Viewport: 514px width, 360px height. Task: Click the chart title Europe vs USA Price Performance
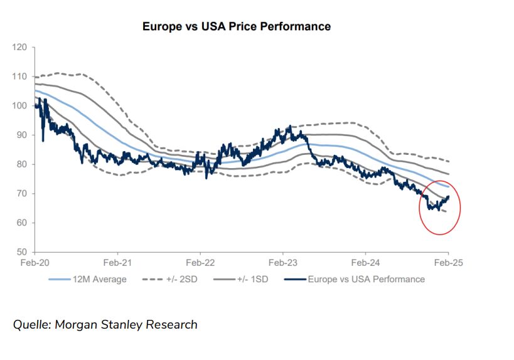[237, 26]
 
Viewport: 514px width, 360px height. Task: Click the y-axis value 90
[21, 135]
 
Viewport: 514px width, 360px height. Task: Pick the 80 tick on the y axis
[21, 164]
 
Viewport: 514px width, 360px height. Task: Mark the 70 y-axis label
[21, 194]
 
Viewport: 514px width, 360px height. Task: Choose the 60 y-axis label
[21, 223]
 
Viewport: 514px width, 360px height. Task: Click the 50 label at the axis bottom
[21, 252]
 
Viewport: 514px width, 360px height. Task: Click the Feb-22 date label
[200, 263]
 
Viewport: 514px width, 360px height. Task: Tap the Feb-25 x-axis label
[448, 263]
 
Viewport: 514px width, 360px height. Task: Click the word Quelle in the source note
[32, 324]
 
